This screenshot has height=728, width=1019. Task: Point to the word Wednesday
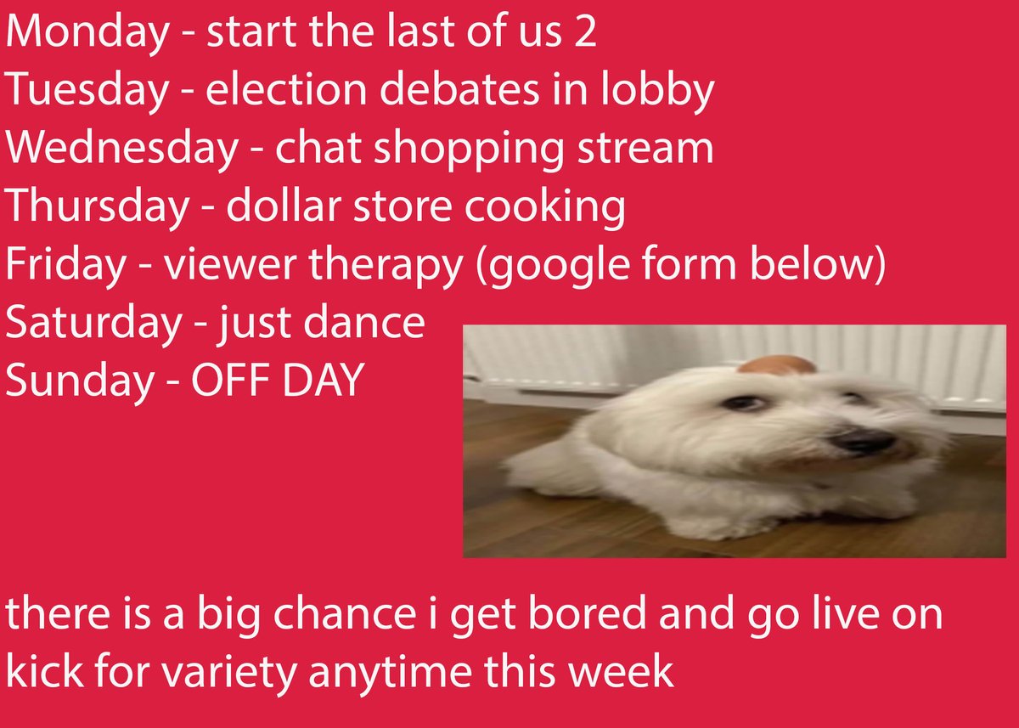pos(121,150)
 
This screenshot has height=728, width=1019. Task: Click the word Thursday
pos(94,206)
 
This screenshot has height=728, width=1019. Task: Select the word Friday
pos(65,264)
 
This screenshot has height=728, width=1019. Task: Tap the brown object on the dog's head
pos(776,365)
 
